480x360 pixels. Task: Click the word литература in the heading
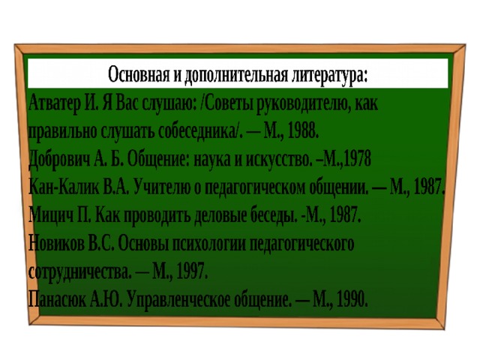pos(328,75)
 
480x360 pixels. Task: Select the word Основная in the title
pos(139,74)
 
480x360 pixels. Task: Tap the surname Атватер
pos(55,103)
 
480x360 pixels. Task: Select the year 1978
pos(357,159)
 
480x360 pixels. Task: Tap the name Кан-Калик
pos(64,187)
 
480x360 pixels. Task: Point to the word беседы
pos(274,215)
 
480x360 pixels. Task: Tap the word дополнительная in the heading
pos(236,75)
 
